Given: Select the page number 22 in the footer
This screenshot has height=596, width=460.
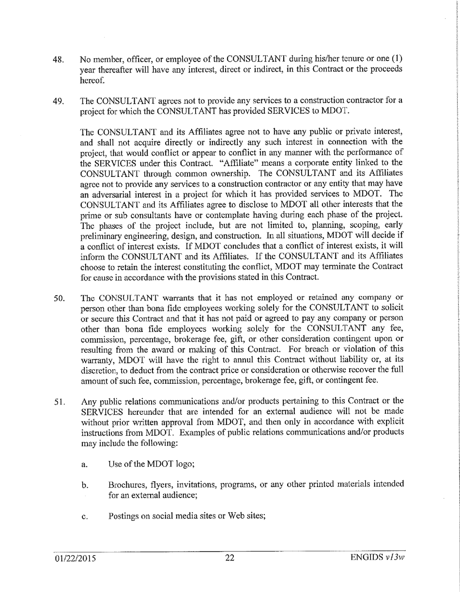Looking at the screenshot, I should pyautogui.click(x=230, y=570).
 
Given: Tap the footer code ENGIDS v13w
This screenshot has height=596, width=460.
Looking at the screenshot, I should pyautogui.click(x=378, y=570).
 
